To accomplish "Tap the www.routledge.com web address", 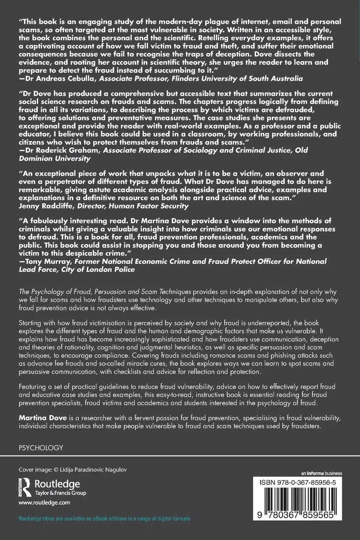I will [x=44, y=502].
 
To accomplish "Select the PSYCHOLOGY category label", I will [x=41, y=447].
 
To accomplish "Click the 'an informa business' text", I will [x=321, y=473].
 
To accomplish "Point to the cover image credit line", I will [x=73, y=470].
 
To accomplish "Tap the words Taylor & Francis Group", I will [x=61, y=493].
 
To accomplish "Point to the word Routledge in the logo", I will [x=58, y=484].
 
